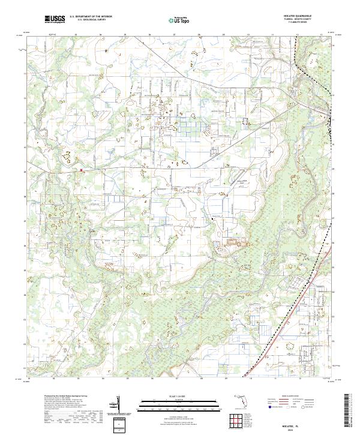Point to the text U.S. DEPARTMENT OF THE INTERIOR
[x=91, y=17]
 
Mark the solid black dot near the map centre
[x=212, y=220]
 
